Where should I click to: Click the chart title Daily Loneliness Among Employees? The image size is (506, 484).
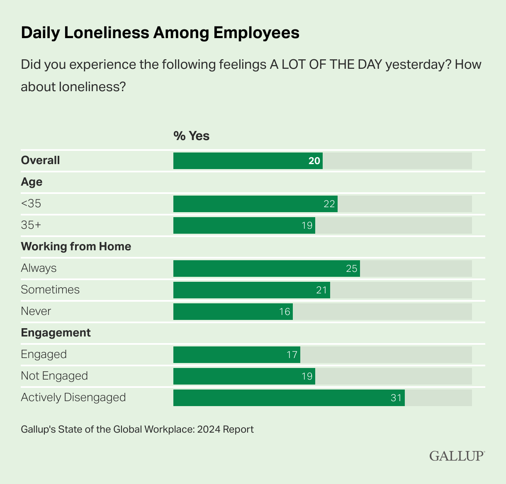[160, 33]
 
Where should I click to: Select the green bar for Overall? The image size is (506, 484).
[248, 161]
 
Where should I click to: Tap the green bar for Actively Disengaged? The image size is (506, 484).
[289, 398]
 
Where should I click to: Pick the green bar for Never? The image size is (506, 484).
[233, 312]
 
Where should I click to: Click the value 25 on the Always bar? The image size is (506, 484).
[351, 269]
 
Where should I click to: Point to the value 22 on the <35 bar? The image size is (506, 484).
[329, 204]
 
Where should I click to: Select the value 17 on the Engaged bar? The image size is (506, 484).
[292, 355]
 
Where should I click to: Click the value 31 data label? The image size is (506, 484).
[396, 398]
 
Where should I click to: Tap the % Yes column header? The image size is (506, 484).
[191, 136]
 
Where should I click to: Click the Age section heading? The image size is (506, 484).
[32, 182]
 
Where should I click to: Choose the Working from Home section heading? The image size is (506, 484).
[76, 247]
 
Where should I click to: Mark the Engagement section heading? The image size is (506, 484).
[56, 333]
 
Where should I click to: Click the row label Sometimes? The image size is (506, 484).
[50, 290]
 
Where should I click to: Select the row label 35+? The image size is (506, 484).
[31, 225]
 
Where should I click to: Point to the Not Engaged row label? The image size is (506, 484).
[54, 376]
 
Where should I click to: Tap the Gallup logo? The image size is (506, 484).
[457, 456]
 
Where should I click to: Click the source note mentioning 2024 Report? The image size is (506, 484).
[137, 429]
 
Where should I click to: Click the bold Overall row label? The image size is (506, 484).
[40, 160]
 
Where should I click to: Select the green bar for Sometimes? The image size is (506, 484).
[251, 290]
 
